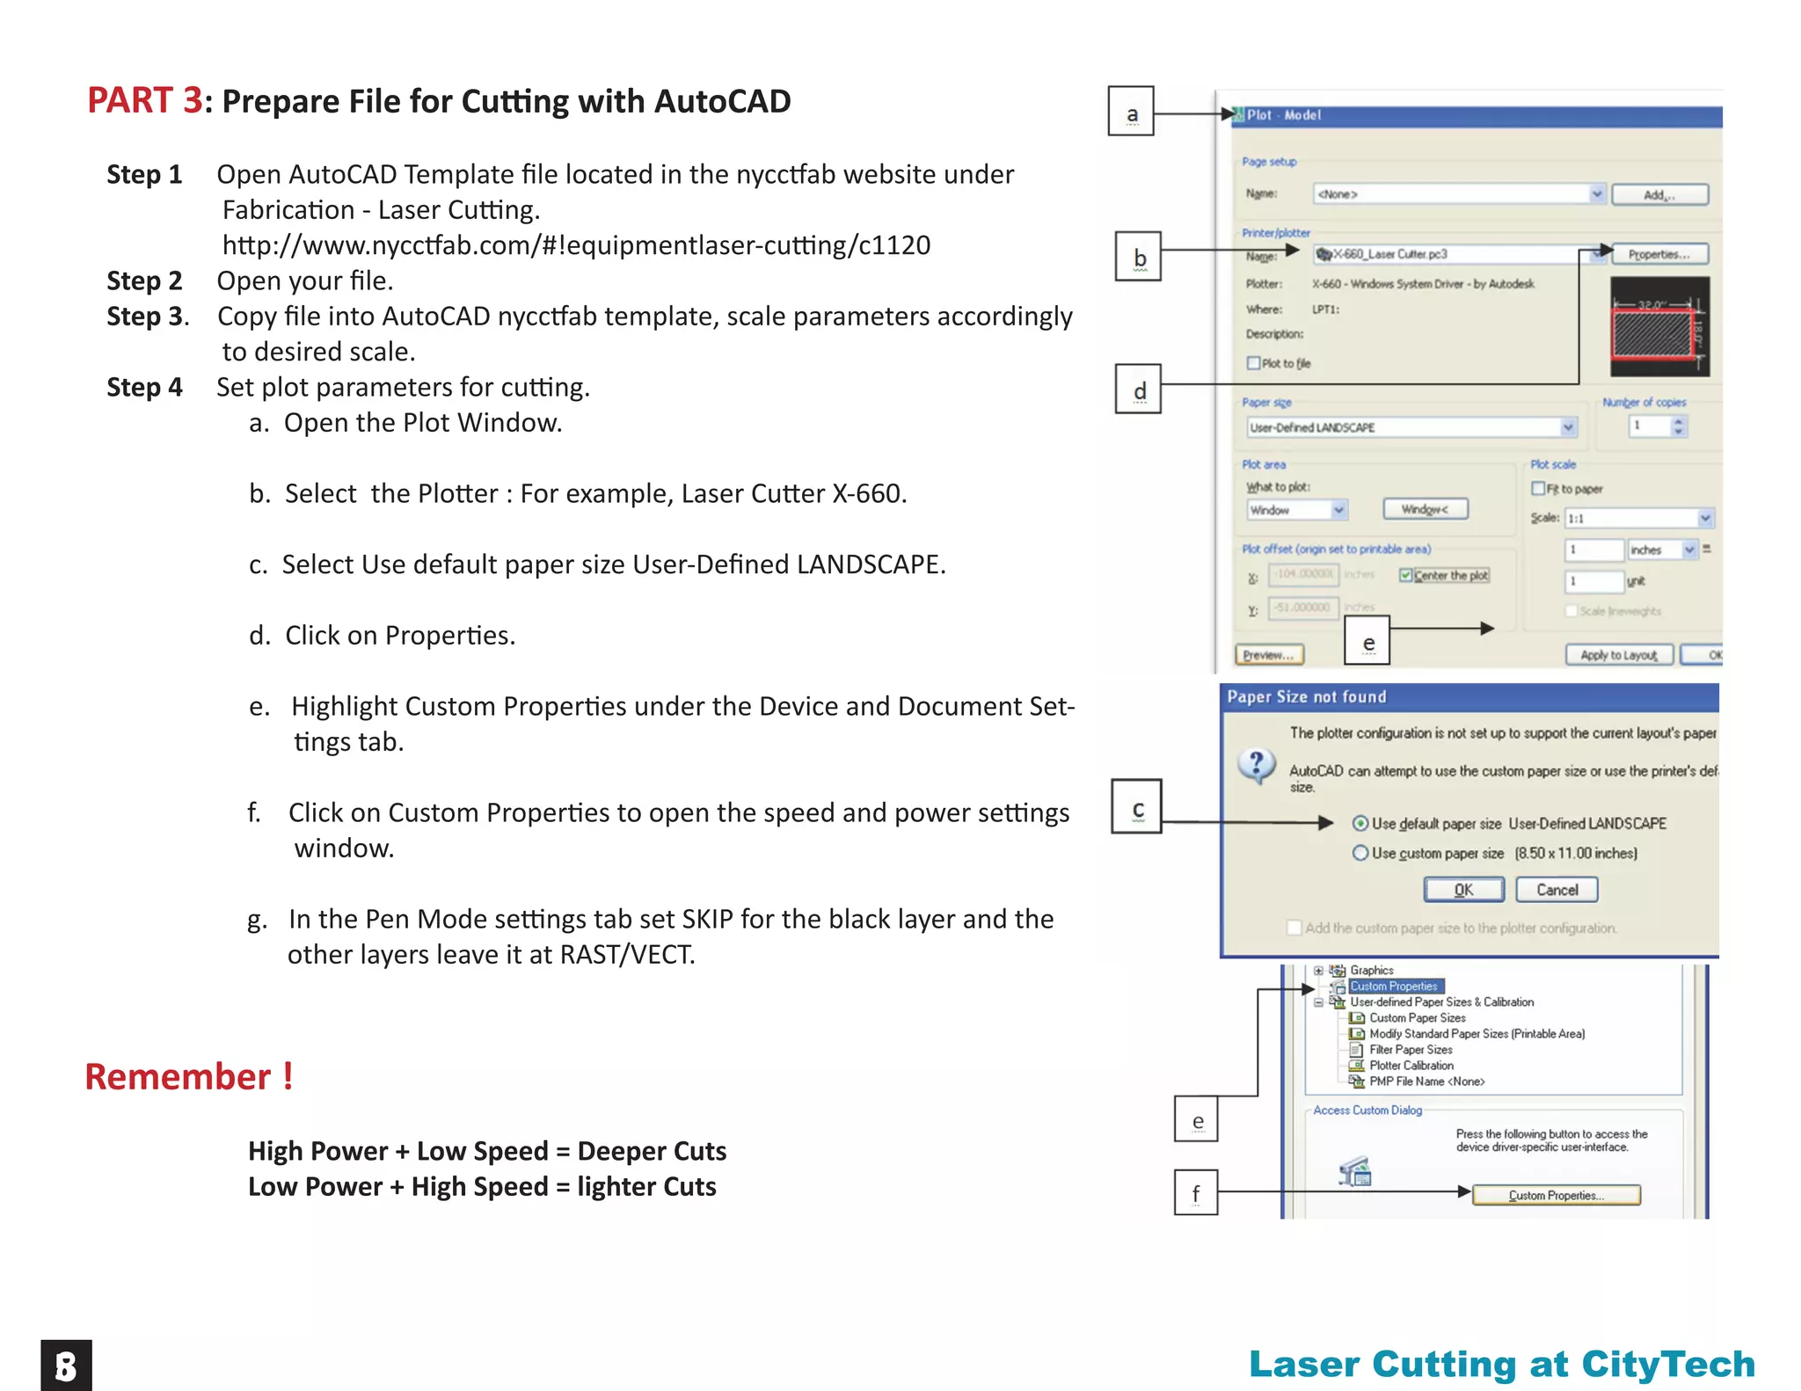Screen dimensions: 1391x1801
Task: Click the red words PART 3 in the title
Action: coord(145,100)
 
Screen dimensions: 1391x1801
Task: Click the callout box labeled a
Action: coord(1131,111)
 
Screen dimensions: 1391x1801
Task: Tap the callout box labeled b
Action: coord(1138,256)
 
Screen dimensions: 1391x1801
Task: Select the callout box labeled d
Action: coord(1138,389)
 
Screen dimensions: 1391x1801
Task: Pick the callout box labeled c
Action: coord(1136,806)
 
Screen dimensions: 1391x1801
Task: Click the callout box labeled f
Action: coord(1196,1192)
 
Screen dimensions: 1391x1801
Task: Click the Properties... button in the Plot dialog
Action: coord(1659,254)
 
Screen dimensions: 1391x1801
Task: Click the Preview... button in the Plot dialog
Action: coord(1269,655)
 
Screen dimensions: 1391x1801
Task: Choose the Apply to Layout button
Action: coord(1618,655)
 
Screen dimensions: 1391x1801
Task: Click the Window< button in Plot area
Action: coord(1425,509)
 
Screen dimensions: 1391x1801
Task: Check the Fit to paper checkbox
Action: coord(1538,489)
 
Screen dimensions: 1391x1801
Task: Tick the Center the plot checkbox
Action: coord(1406,575)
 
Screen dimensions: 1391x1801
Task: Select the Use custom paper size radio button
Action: coord(1360,853)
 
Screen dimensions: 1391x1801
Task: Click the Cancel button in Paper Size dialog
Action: coord(1557,890)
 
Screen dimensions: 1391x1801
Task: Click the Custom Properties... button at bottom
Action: coord(1556,1195)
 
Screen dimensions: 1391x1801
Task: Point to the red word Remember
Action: coord(179,1077)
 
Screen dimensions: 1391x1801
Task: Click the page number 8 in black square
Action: coord(66,1366)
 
